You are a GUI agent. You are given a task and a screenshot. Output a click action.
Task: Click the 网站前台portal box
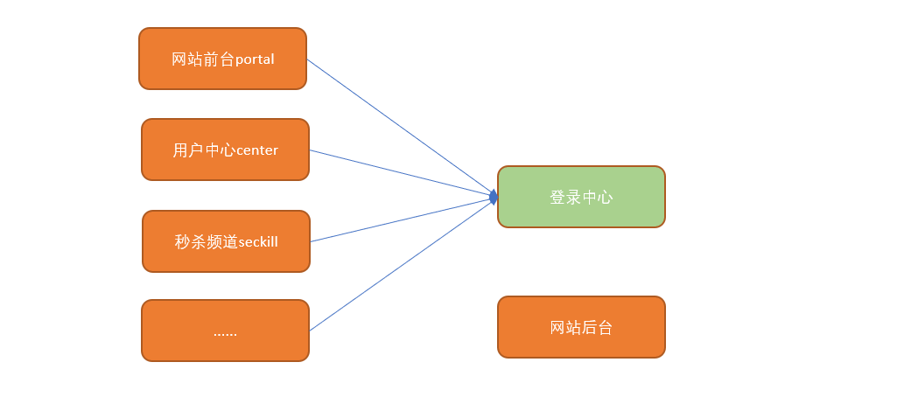(x=222, y=59)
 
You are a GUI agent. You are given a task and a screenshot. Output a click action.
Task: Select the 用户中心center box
(x=226, y=150)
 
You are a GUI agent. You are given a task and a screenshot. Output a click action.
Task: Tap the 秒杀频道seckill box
(x=226, y=241)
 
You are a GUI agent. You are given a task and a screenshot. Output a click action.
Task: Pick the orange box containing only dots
(x=226, y=331)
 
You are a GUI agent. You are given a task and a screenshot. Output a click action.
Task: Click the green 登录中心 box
(x=581, y=197)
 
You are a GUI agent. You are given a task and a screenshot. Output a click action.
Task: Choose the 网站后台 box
(x=581, y=327)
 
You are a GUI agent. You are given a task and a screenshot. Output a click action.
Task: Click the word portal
(x=255, y=59)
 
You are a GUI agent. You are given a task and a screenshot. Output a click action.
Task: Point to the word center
(x=257, y=151)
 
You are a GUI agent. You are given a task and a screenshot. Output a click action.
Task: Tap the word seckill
(x=258, y=242)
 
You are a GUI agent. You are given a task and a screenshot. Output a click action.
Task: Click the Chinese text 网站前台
(x=203, y=59)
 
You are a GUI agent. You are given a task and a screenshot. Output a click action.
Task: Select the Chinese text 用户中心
(x=204, y=150)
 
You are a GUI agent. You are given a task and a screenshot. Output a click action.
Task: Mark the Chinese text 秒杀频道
(x=206, y=242)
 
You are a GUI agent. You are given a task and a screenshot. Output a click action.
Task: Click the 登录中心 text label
(x=581, y=198)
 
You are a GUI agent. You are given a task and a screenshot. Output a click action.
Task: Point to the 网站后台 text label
(x=581, y=327)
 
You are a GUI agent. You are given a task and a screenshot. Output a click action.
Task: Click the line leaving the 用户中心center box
(x=401, y=172)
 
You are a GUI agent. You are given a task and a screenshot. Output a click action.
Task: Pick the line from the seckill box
(x=402, y=219)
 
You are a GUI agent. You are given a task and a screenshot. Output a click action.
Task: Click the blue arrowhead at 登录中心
(x=494, y=197)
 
